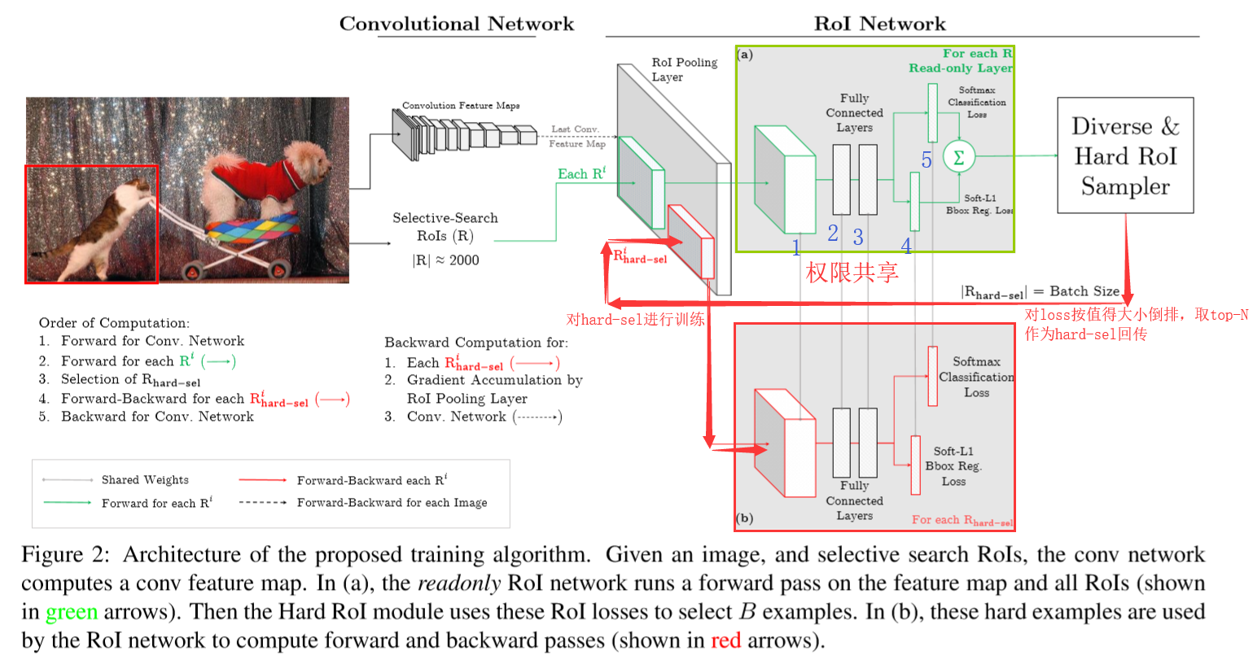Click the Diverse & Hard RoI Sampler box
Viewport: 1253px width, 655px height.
[x=1125, y=155]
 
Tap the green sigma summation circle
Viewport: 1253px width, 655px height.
[x=958, y=157]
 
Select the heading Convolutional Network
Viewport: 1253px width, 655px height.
[x=456, y=24]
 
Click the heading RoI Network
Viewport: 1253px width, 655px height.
[x=880, y=24]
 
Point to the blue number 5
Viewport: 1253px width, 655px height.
[x=926, y=160]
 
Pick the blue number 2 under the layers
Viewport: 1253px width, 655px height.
[x=833, y=234]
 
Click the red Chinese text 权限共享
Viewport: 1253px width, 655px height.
[x=852, y=272]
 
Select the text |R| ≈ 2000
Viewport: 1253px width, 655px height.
[x=445, y=260]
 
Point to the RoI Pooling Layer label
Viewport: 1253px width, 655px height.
[x=684, y=69]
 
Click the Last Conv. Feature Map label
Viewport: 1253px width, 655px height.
[x=576, y=137]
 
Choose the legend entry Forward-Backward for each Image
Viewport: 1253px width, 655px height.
[x=392, y=503]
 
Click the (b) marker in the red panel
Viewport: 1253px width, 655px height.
[x=744, y=518]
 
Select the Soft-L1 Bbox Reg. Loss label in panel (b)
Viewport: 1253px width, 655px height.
[x=953, y=466]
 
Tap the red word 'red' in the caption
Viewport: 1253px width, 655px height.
[x=725, y=640]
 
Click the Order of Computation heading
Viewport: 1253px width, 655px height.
[x=114, y=323]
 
